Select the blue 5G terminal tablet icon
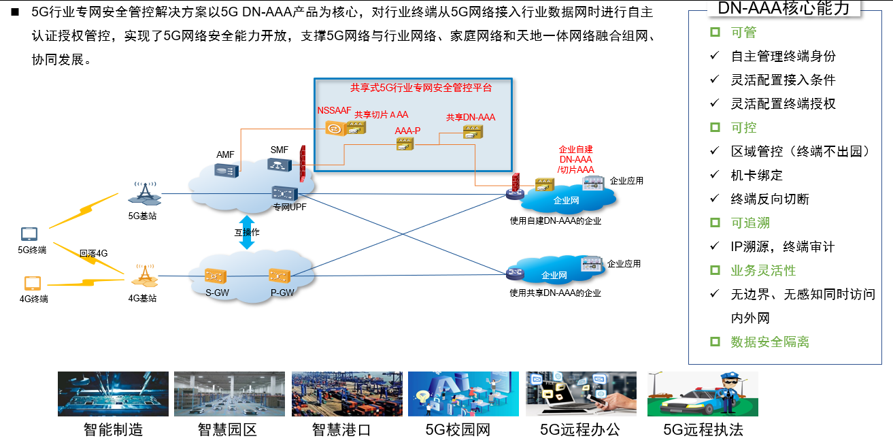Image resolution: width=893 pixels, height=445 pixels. click(30, 235)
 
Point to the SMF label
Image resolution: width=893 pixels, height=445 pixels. click(279, 150)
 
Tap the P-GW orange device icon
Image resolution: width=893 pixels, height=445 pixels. click(280, 276)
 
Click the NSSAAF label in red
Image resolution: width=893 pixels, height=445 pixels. click(334, 111)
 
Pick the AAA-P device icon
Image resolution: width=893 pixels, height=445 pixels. click(405, 143)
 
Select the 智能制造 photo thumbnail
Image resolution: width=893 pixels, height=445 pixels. click(113, 393)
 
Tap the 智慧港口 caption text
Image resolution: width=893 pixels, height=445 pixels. click(341, 430)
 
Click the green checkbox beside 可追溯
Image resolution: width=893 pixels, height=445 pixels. click(714, 222)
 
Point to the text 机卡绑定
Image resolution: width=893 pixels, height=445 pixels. click(756, 175)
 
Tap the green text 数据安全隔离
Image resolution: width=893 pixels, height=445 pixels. click(769, 342)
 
